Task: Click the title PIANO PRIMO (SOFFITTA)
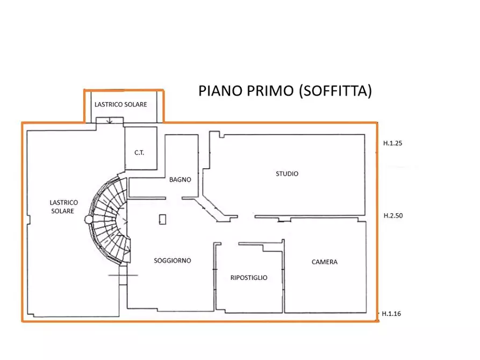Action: (x=285, y=91)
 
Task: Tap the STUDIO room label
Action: (x=287, y=174)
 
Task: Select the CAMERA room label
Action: (x=325, y=262)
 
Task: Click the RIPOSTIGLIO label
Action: (x=249, y=278)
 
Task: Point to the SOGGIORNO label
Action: (x=173, y=260)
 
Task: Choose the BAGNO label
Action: (x=180, y=179)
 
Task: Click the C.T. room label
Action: (x=139, y=153)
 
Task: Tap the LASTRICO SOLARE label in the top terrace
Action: (x=120, y=105)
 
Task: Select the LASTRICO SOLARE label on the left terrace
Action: (x=63, y=207)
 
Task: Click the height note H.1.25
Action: (x=393, y=143)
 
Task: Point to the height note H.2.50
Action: (x=393, y=215)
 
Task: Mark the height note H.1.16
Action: (x=392, y=313)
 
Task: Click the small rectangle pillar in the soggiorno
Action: (x=162, y=219)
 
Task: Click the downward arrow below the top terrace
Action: (x=110, y=120)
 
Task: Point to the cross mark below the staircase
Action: (x=123, y=275)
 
